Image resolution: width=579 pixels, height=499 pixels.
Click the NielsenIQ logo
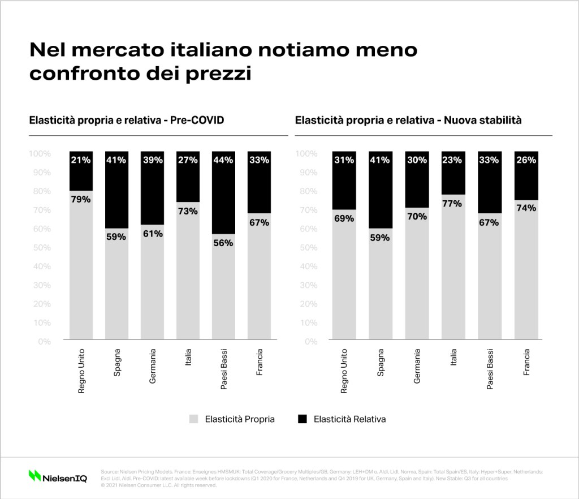(x=58, y=476)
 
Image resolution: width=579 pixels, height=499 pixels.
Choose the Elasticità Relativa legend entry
(x=343, y=419)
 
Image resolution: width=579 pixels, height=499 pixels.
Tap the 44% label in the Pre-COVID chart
(x=223, y=160)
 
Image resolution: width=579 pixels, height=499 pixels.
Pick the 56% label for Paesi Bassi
(x=223, y=243)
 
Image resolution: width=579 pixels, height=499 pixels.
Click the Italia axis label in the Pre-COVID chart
(x=188, y=358)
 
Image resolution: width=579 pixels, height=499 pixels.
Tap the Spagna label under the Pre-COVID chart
(x=117, y=363)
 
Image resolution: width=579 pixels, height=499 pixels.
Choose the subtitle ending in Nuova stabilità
(x=408, y=120)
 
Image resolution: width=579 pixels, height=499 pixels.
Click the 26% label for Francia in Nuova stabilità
(x=525, y=160)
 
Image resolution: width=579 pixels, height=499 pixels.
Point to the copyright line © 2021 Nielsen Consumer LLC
(x=159, y=485)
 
